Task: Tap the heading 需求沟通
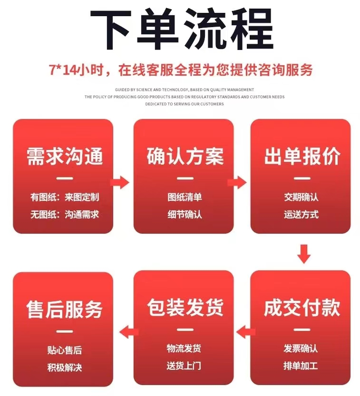[64, 157]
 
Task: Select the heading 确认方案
[185, 157]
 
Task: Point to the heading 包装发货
[185, 308]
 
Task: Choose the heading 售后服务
[64, 309]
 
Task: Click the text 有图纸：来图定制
[64, 197]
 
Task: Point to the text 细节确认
[185, 215]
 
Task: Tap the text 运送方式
[301, 215]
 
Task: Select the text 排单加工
[301, 366]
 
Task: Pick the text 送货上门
[184, 366]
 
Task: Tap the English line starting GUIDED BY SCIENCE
[185, 89]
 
